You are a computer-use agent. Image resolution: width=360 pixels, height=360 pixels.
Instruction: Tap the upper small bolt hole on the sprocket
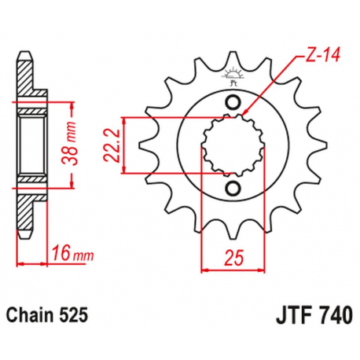pyautogui.click(x=233, y=104)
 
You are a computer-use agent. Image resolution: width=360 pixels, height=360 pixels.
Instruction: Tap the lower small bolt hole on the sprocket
pyautogui.click(x=233, y=187)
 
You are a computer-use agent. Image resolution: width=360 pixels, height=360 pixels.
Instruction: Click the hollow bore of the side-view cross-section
pyautogui.click(x=29, y=145)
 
